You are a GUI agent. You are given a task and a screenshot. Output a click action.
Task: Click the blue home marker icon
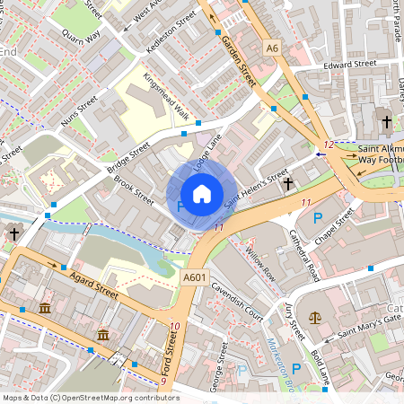(202, 194)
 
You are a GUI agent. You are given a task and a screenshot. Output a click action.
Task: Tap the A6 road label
(272, 47)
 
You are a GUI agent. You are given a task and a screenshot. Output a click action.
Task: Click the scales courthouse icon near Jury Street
(315, 318)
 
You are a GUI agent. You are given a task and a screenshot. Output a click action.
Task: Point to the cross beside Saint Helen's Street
(288, 184)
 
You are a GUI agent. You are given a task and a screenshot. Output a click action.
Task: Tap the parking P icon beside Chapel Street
(317, 218)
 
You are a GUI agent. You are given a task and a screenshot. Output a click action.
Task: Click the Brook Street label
(135, 190)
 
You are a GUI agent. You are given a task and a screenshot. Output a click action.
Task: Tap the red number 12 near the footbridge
(329, 145)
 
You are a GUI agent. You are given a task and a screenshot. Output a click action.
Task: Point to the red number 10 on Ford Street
(174, 326)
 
